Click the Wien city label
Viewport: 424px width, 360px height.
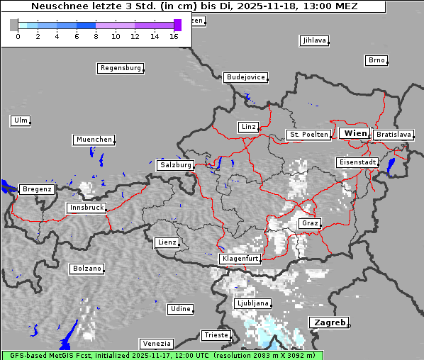click(355, 133)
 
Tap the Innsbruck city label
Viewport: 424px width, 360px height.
click(86, 208)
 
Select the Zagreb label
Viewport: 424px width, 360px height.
click(328, 322)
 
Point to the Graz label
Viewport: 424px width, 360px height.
click(309, 223)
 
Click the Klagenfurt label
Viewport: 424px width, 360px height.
click(239, 259)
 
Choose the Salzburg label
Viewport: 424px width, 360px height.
click(175, 165)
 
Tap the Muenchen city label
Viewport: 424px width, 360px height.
click(93, 140)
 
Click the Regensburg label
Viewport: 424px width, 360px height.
click(120, 69)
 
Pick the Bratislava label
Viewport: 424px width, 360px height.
click(394, 135)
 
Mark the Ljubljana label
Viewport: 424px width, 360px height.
click(252, 303)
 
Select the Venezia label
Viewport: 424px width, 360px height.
click(155, 344)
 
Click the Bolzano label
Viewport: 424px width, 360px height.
click(87, 269)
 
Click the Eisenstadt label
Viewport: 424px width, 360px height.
click(357, 163)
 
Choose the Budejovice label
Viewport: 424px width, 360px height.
click(245, 77)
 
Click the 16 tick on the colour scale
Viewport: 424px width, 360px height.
click(174, 36)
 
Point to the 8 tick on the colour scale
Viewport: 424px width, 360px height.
click(96, 36)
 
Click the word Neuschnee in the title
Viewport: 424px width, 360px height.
click(57, 6)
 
